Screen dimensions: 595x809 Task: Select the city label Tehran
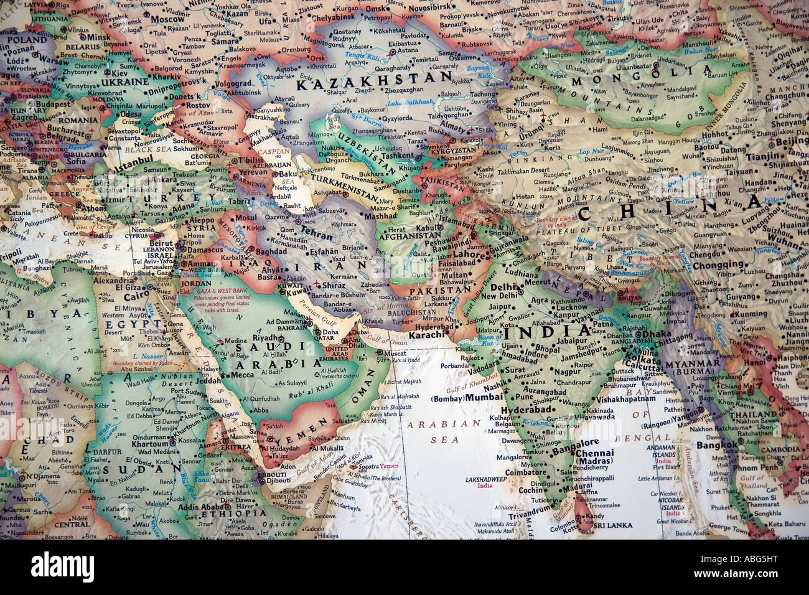[317, 228]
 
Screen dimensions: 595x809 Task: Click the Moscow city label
[168, 19]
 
